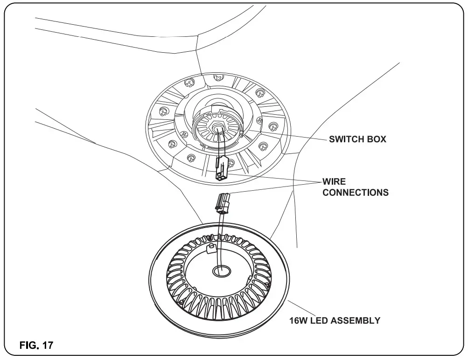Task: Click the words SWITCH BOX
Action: [357, 139]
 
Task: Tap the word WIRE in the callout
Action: [334, 181]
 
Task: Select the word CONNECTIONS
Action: [356, 192]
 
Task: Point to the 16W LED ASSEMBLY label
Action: [335, 321]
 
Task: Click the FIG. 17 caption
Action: [36, 346]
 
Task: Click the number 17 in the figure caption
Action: [48, 346]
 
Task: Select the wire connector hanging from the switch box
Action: [222, 169]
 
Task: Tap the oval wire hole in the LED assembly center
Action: [221, 270]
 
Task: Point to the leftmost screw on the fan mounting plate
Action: [163, 112]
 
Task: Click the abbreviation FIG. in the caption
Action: [29, 346]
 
